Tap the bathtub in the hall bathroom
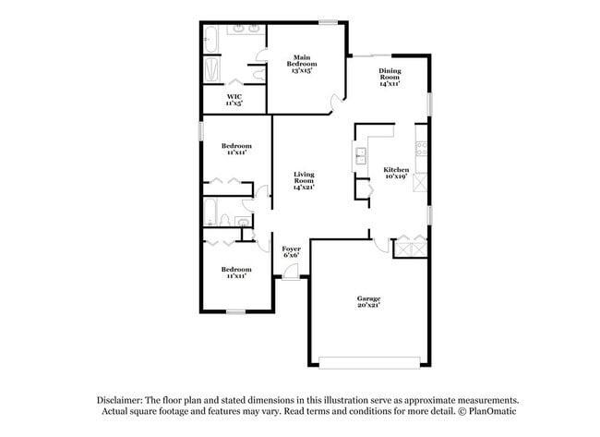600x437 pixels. point(210,215)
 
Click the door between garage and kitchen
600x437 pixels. point(379,243)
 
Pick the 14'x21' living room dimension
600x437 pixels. point(305,188)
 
